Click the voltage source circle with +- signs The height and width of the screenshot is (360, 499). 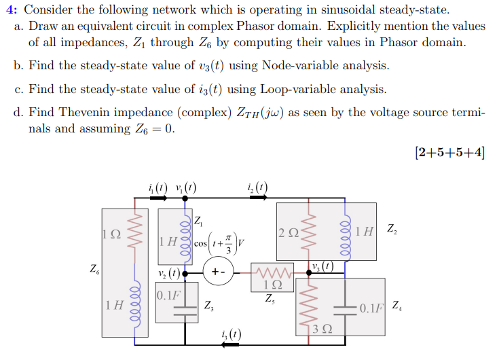click(218, 272)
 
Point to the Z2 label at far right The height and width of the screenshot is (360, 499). click(392, 228)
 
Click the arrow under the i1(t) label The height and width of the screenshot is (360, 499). click(157, 198)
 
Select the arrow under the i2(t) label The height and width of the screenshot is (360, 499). click(258, 198)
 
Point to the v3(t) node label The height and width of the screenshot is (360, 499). click(322, 266)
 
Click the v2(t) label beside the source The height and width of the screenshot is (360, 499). click(168, 274)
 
